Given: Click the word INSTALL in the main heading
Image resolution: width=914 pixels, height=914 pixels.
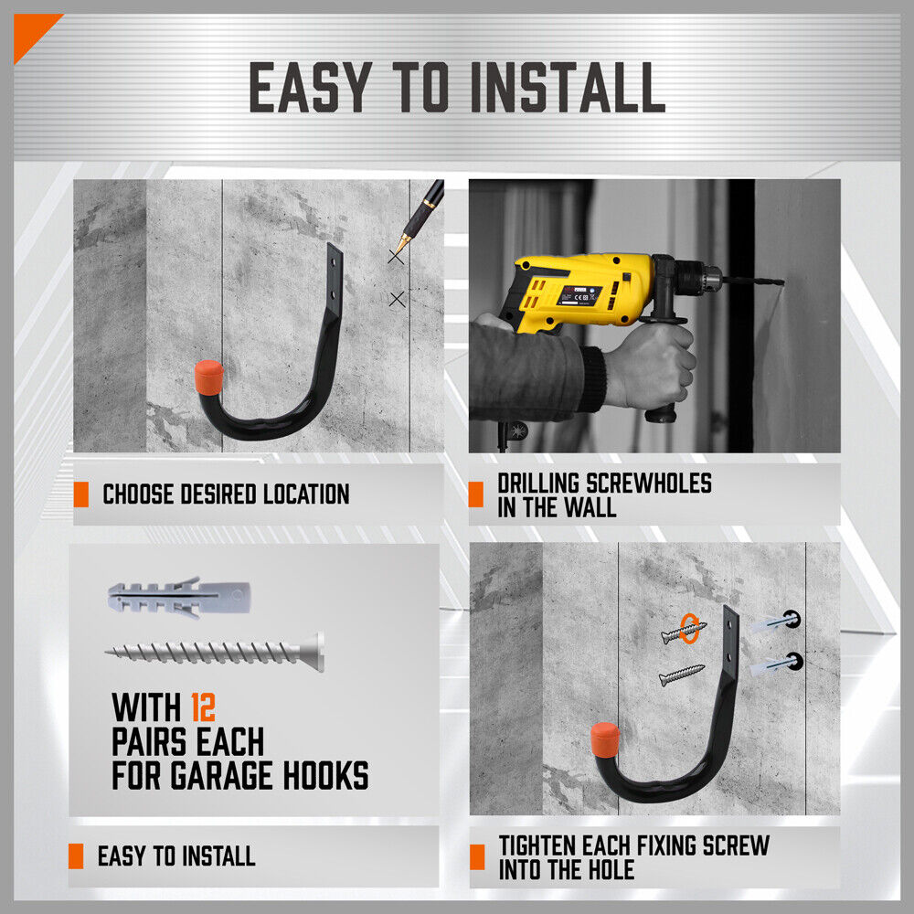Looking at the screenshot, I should pos(567,89).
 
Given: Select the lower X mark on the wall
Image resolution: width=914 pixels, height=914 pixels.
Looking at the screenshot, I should pos(397,299).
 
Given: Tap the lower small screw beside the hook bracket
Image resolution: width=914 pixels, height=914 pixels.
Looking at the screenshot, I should pos(682,676).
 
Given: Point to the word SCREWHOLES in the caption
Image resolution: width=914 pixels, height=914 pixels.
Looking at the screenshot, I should pos(639,483).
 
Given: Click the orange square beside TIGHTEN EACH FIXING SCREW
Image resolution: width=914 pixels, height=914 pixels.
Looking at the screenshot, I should pos(476,857).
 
